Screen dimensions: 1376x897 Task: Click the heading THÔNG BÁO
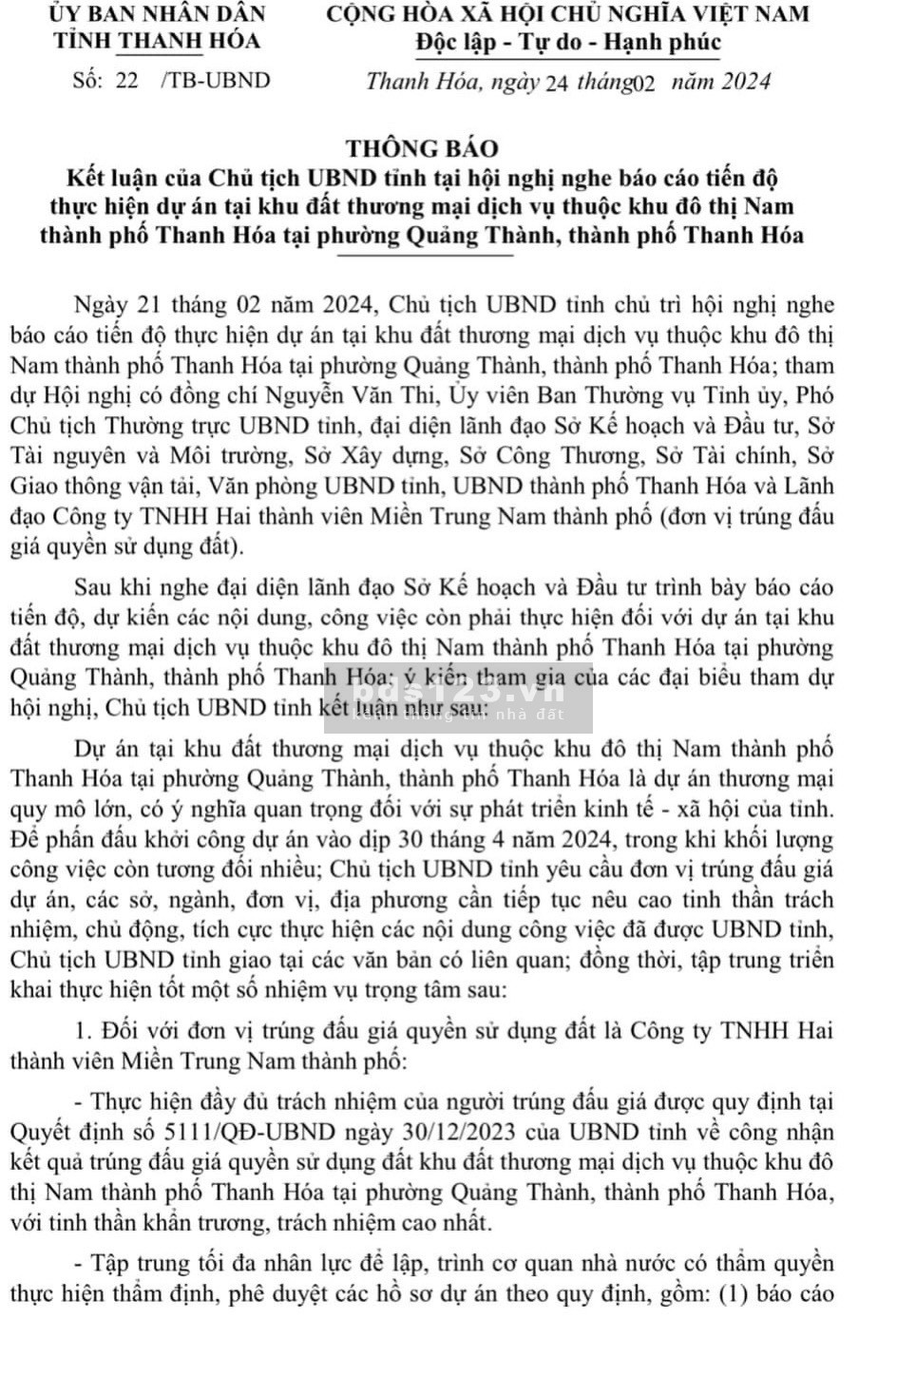pyautogui.click(x=422, y=148)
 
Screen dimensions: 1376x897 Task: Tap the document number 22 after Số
pyautogui.click(x=126, y=80)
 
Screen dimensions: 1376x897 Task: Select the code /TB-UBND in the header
pyautogui.click(x=216, y=80)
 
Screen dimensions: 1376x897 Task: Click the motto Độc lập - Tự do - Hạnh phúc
pyautogui.click(x=568, y=43)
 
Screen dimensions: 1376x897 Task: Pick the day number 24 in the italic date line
pyautogui.click(x=558, y=83)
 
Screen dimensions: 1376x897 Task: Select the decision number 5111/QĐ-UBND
pyautogui.click(x=250, y=1132)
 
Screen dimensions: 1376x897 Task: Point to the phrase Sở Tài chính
pyautogui.click(x=732, y=456)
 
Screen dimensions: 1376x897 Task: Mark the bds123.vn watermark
pyautogui.click(x=458, y=697)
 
